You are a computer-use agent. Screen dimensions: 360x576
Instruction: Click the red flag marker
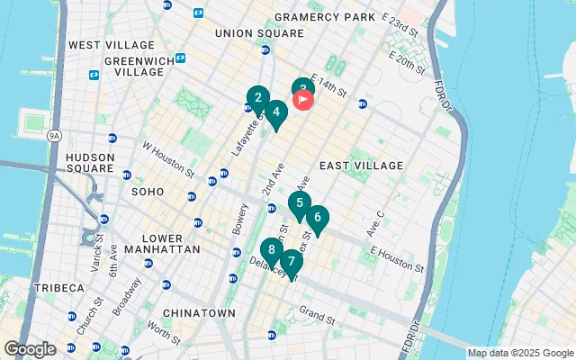pos(304,98)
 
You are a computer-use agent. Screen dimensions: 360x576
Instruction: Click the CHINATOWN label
pos(199,313)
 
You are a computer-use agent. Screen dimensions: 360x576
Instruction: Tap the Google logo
pos(30,348)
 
